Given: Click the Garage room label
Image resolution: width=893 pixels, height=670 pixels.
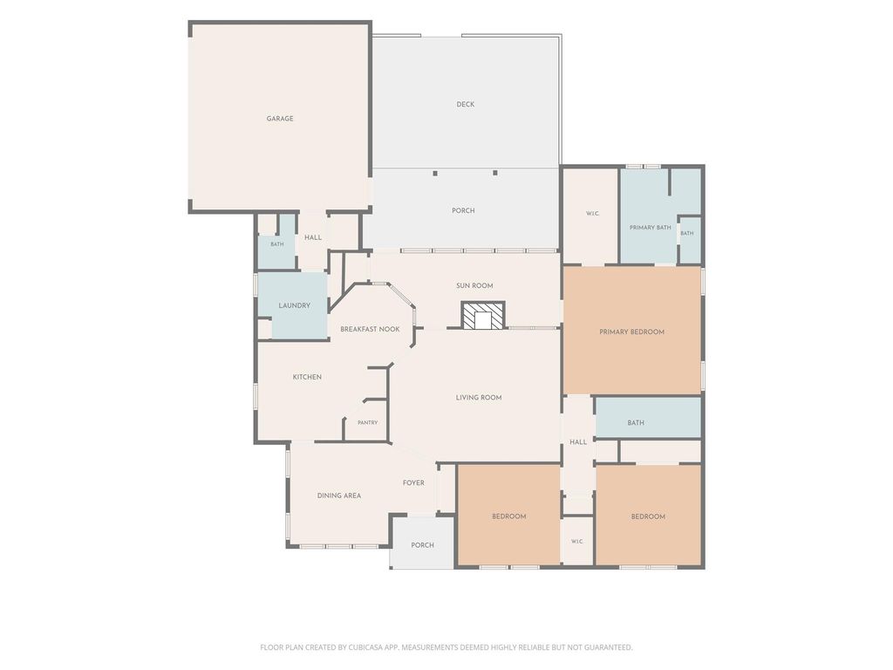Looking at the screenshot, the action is (x=280, y=119).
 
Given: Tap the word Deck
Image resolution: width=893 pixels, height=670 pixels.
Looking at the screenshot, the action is (x=466, y=105).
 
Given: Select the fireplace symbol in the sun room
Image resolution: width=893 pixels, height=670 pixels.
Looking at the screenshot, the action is (x=483, y=316).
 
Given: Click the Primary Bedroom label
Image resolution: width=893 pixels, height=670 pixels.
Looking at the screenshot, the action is (x=631, y=332).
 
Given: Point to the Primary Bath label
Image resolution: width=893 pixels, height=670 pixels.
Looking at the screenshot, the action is (x=650, y=228).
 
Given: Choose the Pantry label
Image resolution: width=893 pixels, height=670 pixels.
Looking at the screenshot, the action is (x=367, y=423).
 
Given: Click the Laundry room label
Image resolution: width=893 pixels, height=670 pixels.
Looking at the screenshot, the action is (x=295, y=305).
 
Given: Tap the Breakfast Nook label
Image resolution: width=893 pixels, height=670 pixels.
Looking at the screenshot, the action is (x=370, y=329).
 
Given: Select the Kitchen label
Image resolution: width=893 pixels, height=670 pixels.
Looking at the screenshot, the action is (x=307, y=377).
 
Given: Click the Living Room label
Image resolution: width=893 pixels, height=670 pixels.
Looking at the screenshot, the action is (x=479, y=398).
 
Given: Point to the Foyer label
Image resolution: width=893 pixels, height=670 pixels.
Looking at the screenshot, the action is (x=413, y=482).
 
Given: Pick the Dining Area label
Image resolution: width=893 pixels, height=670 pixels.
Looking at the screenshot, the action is (x=339, y=496).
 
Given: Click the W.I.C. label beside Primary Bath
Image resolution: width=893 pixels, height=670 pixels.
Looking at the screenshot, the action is (x=592, y=214).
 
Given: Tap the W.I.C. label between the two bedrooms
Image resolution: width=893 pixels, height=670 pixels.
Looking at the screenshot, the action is (x=577, y=541).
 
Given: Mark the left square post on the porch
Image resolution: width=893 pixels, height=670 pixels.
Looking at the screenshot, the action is (x=435, y=173).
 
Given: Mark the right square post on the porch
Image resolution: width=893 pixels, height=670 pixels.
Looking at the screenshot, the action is (x=495, y=173).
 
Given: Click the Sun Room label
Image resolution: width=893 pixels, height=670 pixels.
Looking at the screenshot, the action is (x=474, y=286).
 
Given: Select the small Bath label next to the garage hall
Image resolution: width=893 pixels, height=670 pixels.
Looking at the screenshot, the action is (x=276, y=244).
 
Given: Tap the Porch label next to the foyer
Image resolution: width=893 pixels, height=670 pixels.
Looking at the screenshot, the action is (x=423, y=545).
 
